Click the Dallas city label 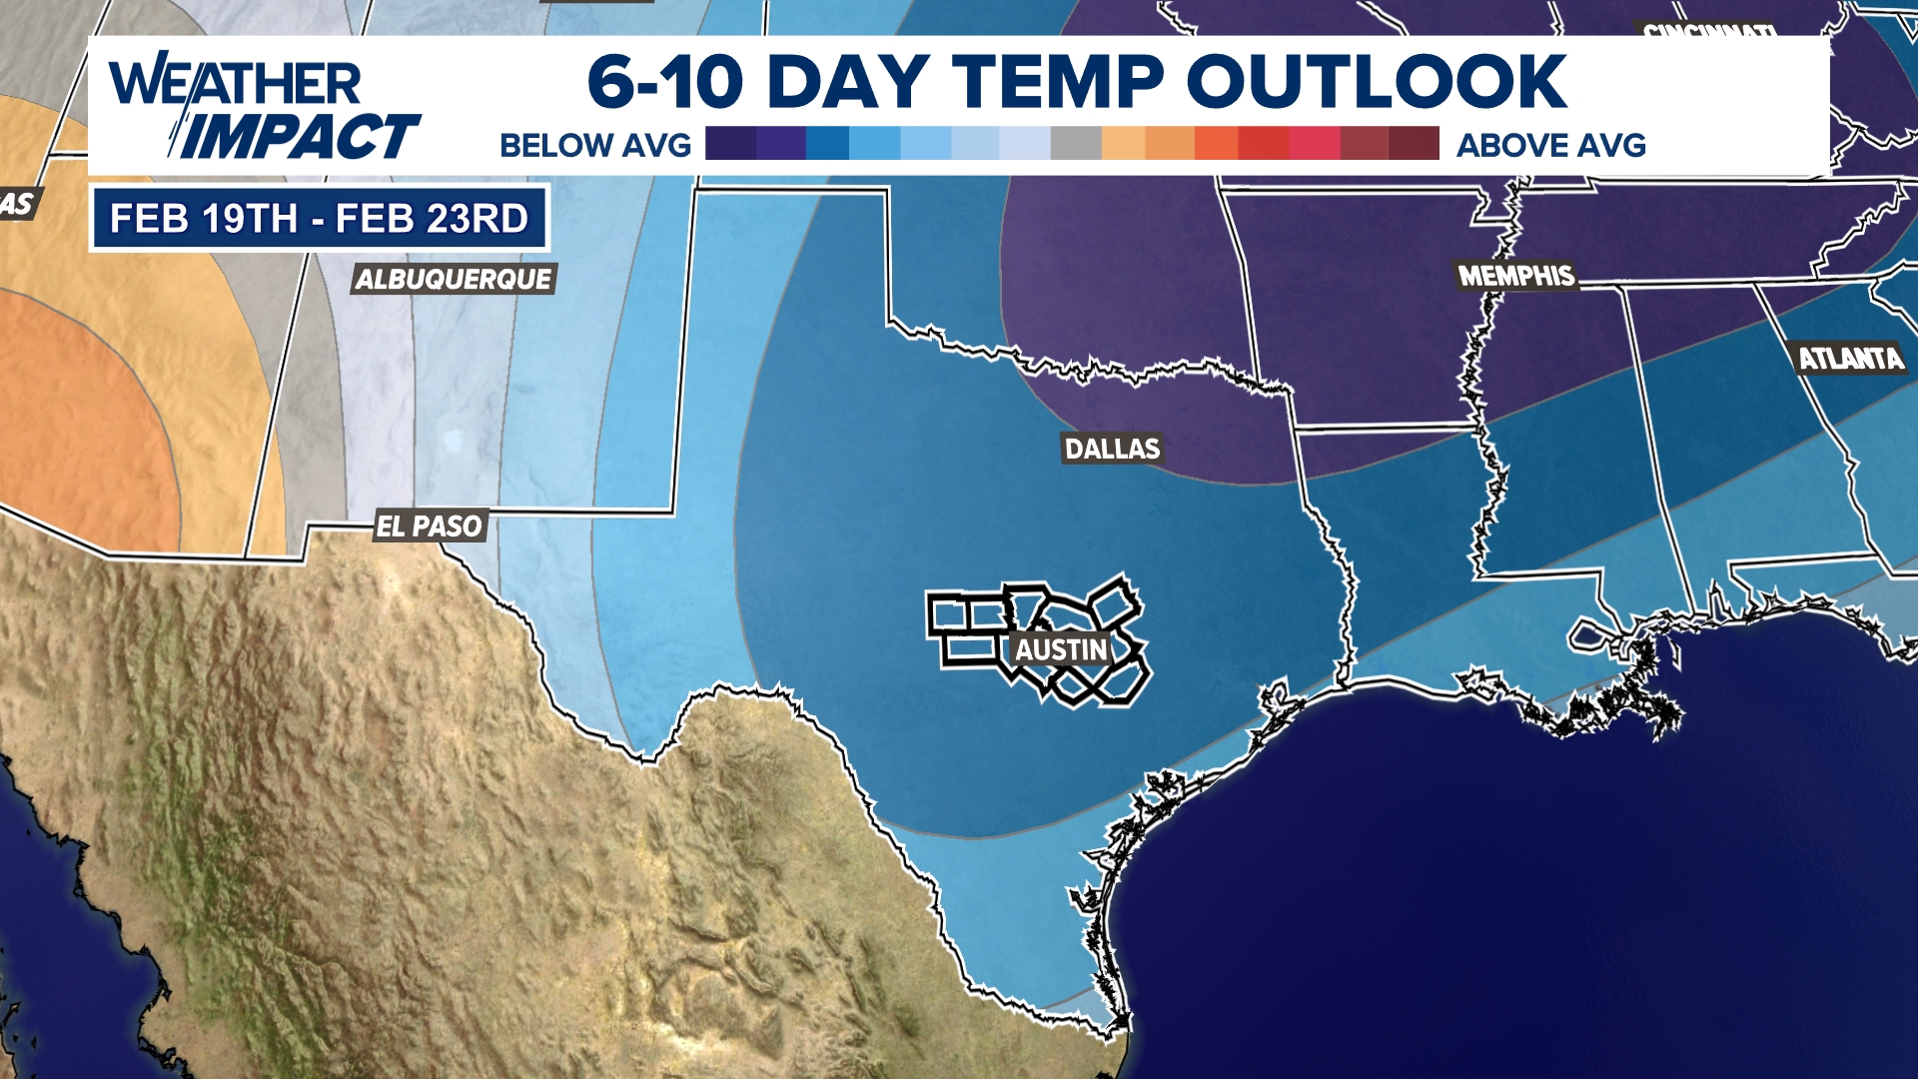1112,449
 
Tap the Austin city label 1061,649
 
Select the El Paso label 430,526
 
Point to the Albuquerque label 454,279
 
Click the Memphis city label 1515,276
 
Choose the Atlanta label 1850,359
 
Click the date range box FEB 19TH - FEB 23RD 319,218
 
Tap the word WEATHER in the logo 236,83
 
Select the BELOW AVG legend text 595,146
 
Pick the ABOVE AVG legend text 1550,146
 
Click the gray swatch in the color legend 1076,143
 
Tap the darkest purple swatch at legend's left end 729,143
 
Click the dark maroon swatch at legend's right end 1415,143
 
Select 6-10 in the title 665,81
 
